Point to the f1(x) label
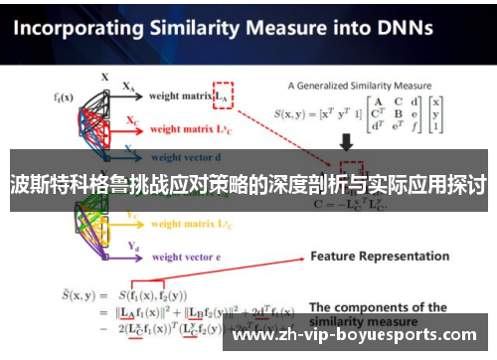(x=64, y=97)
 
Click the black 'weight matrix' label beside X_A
(x=181, y=96)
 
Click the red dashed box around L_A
(x=224, y=95)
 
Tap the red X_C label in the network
(x=133, y=120)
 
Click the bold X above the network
(x=104, y=75)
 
